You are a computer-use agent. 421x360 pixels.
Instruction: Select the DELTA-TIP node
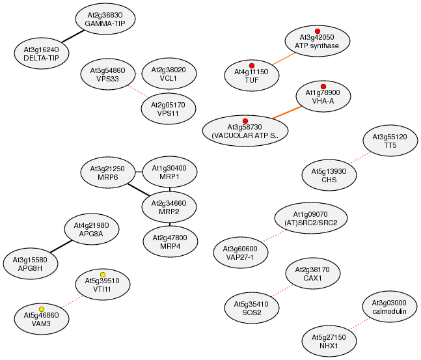point(41,53)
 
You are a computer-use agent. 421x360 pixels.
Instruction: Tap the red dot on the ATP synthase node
point(318,31)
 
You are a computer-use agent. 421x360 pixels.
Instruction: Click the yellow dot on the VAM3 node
point(42,309)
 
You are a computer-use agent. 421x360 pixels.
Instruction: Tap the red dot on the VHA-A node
point(323,87)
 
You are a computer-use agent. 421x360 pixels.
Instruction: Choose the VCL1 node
point(169,74)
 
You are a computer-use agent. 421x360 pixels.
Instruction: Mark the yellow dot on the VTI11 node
point(103,274)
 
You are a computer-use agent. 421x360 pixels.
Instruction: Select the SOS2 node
point(251,307)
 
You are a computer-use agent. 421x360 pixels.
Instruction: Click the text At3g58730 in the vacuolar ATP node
point(245,126)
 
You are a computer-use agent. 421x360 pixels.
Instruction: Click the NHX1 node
point(329,342)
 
